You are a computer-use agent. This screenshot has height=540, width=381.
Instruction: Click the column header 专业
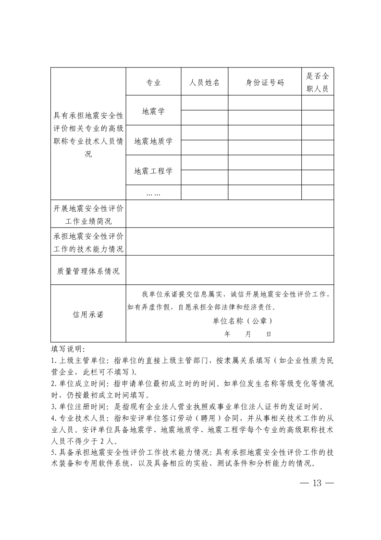point(153,82)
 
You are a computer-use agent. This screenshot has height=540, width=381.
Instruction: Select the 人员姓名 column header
point(204,82)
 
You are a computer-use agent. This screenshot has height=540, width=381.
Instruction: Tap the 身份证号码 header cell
point(264,82)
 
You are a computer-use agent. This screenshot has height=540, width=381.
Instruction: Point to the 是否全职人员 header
point(317,82)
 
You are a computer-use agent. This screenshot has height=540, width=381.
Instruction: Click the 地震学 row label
point(153,111)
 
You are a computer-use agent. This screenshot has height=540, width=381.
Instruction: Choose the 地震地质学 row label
point(153,141)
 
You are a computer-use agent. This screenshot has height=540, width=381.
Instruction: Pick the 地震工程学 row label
point(153,171)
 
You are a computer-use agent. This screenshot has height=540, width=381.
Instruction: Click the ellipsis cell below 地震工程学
point(153,193)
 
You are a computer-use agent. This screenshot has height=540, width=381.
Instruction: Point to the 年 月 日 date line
point(248,334)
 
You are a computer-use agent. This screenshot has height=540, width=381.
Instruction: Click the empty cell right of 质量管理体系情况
point(230,270)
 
